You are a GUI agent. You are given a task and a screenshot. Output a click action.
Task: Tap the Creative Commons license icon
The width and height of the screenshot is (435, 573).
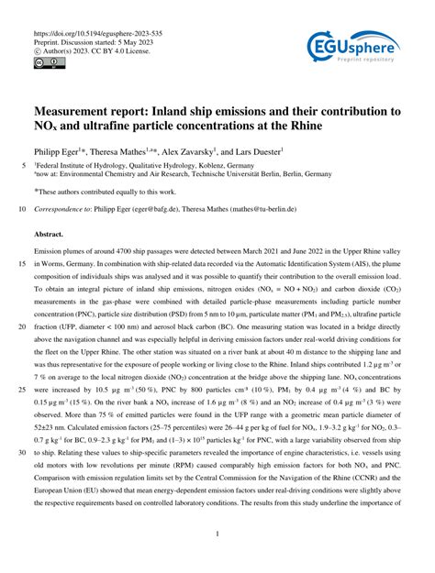[44, 64]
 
